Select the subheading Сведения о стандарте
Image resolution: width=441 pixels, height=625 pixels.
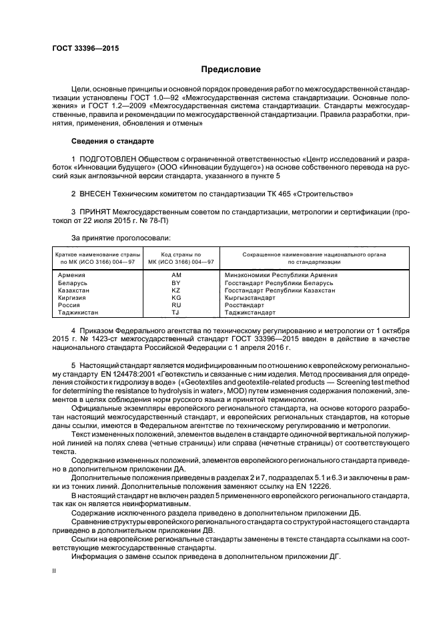coord(112,142)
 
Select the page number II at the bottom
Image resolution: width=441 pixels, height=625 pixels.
coord(55,572)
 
